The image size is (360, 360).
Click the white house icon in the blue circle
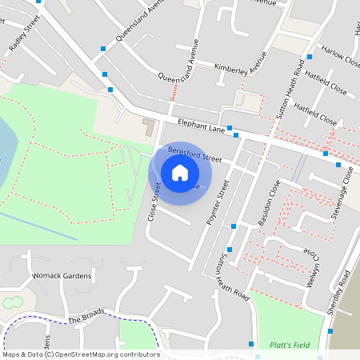(180, 172)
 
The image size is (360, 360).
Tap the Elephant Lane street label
(201, 125)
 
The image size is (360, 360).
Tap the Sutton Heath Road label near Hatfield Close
(289, 89)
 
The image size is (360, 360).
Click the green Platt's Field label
(289, 345)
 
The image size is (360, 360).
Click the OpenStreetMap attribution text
(81, 354)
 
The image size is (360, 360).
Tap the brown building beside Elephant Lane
(149, 126)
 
